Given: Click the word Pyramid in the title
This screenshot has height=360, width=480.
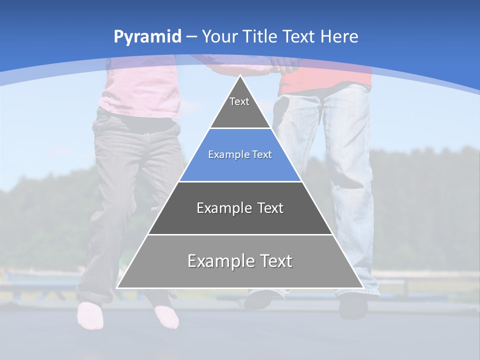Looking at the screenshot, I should coord(147,36).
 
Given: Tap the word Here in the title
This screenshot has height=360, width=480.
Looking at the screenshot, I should coord(339,36).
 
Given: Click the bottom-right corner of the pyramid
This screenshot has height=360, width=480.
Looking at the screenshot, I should coord(362,287).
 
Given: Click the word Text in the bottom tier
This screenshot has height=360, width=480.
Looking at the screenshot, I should coord(274,261).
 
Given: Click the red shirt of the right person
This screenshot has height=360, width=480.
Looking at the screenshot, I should coord(325,80).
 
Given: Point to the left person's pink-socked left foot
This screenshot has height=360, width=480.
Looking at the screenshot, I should coord(90,315).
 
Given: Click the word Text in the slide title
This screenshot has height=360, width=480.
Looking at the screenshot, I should coord(299,36).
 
